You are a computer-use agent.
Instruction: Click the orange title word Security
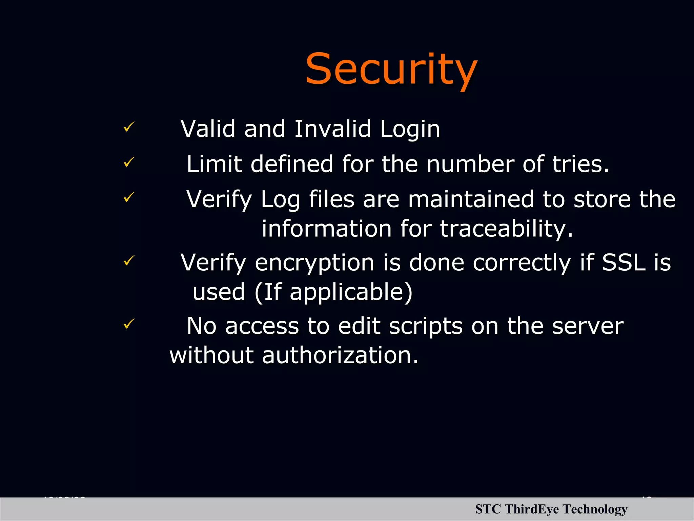tap(391, 69)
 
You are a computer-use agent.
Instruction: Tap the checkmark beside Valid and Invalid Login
tap(129, 127)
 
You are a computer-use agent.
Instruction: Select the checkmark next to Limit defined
tap(129, 162)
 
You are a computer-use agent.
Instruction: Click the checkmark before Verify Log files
tap(129, 197)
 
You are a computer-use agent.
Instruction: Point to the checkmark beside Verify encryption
tap(129, 260)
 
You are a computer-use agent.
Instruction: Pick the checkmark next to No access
tap(129, 324)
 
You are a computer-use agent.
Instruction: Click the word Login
tap(410, 130)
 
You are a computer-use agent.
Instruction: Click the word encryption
tap(314, 263)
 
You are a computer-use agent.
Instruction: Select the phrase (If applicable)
tap(333, 292)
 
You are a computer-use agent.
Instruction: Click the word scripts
tap(426, 326)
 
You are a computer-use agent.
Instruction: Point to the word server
tap(588, 326)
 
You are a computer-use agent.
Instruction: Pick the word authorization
tap(340, 355)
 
